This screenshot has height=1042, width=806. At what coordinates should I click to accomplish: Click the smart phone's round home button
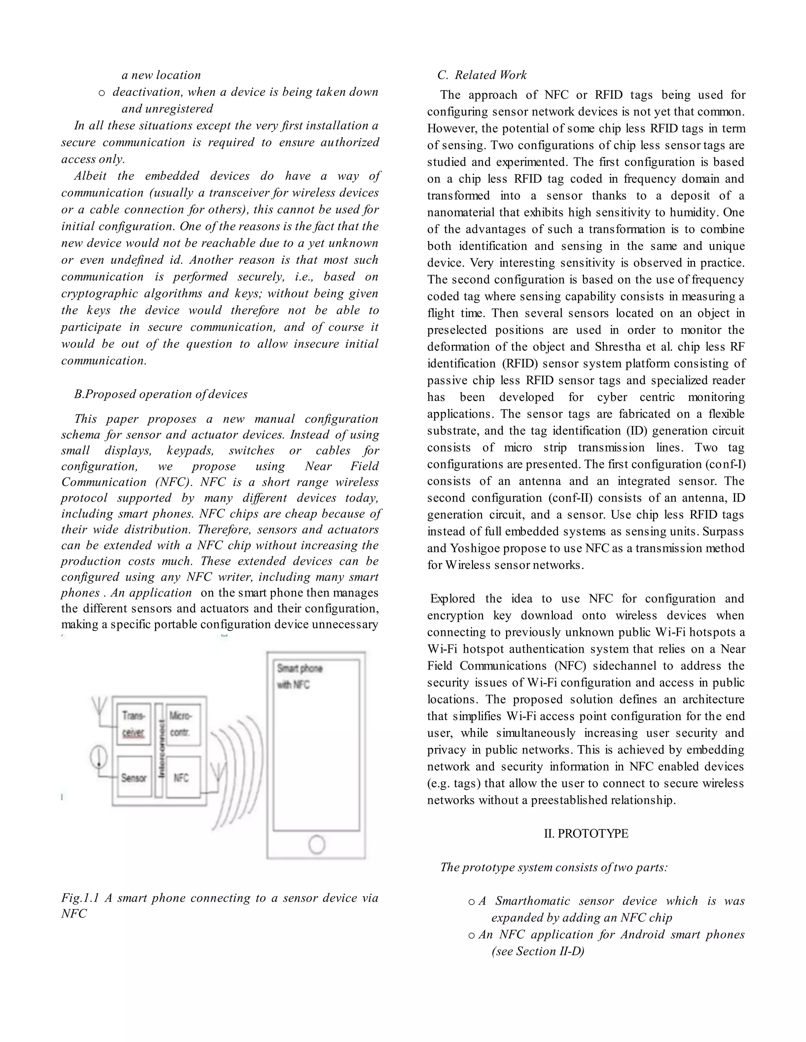[316, 844]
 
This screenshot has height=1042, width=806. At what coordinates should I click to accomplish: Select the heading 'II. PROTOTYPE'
[586, 834]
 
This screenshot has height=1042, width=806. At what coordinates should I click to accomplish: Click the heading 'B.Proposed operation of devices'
[161, 394]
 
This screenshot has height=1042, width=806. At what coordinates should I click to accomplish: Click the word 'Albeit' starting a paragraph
[90, 176]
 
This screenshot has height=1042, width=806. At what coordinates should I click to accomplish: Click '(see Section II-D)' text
[538, 951]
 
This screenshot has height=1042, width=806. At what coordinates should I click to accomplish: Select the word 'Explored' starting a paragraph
[452, 599]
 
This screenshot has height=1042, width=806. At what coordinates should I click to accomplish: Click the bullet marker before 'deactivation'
[101, 92]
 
